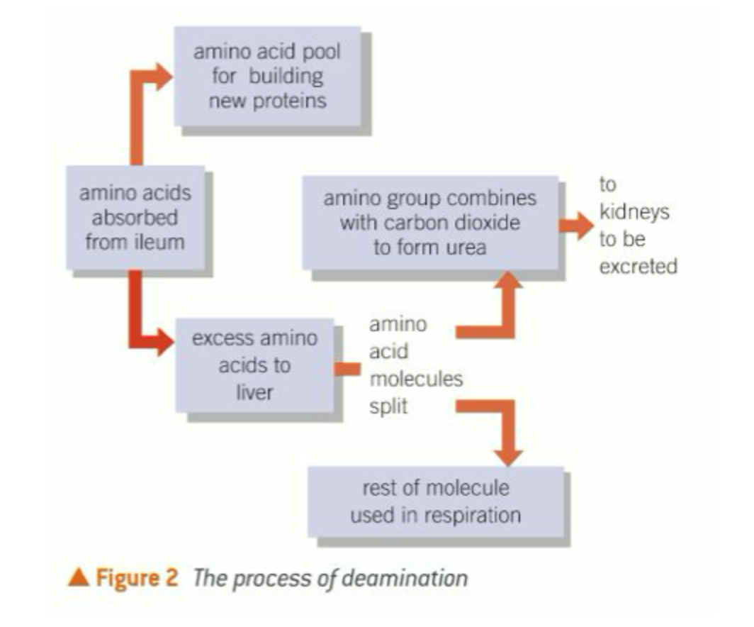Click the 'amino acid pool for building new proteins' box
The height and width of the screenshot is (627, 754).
pos(267,77)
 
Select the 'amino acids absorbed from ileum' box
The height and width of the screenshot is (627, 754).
pos(135,217)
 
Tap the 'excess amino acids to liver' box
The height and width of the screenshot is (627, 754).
pos(254,365)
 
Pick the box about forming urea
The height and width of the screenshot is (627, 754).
pos(429,223)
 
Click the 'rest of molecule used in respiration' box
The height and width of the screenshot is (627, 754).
pos(435,501)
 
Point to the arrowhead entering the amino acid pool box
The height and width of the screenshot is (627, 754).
pos(164,74)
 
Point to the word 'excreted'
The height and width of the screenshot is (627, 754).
pos(638,266)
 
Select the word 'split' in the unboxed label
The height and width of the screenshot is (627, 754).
pos(389,406)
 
